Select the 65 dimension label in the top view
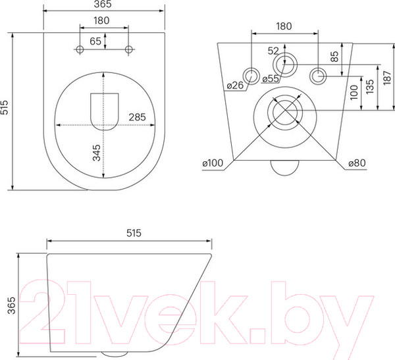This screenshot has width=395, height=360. (95, 41)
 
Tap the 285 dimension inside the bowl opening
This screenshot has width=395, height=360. (137, 117)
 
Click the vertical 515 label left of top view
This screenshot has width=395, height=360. (6, 109)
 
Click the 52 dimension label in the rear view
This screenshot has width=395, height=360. (273, 51)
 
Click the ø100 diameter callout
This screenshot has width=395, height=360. (212, 162)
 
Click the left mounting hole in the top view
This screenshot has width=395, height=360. (80, 50)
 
